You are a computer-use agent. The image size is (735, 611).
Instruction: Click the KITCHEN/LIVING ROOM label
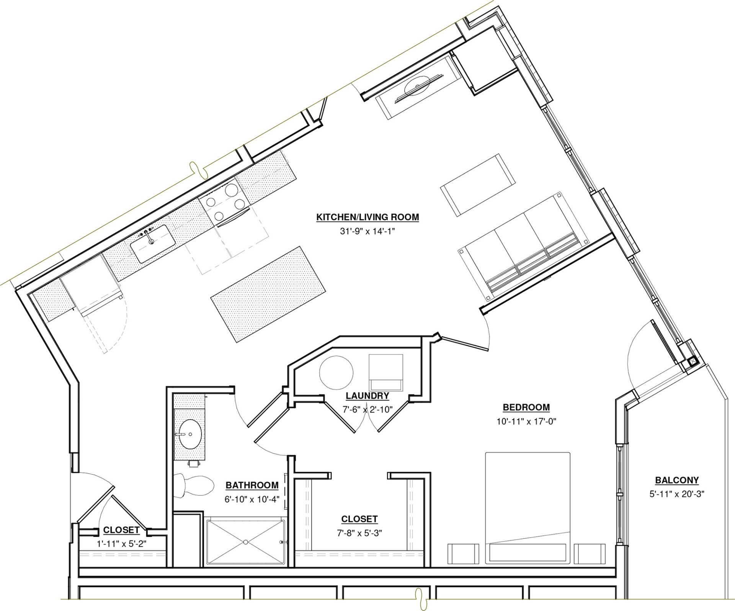click(x=367, y=217)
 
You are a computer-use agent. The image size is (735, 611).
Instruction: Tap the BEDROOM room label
click(x=526, y=407)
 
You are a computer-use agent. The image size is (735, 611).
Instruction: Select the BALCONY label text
click(x=677, y=480)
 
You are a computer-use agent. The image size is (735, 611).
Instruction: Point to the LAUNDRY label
click(x=367, y=395)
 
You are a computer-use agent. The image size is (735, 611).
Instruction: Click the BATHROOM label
click(x=252, y=485)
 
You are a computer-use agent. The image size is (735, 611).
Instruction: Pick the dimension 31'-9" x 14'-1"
click(x=367, y=231)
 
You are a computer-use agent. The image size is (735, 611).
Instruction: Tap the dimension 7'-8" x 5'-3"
click(x=359, y=533)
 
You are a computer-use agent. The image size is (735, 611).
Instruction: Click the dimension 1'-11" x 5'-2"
click(x=121, y=544)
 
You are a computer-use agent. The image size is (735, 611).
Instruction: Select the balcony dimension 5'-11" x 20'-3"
click(x=677, y=494)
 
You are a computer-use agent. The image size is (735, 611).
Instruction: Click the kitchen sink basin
click(x=153, y=244)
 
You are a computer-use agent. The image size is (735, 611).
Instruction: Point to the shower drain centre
click(x=245, y=542)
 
